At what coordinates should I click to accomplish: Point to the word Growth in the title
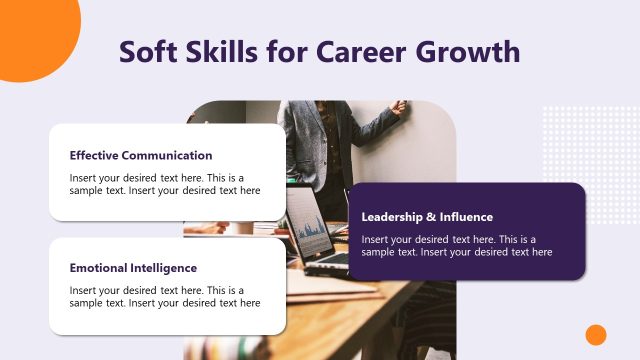click(469, 52)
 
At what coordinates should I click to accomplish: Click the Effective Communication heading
click(141, 156)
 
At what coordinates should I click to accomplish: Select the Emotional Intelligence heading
click(133, 268)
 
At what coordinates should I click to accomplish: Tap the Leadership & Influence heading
click(427, 217)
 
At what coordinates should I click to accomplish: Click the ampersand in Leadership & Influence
click(432, 217)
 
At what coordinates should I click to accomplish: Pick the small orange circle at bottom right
click(596, 335)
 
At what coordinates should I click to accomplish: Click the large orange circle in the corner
click(30, 30)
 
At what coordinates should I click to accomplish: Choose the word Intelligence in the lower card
click(163, 268)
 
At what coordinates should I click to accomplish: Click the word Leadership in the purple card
click(392, 217)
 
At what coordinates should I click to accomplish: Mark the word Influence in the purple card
click(466, 217)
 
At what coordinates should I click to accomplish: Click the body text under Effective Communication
click(165, 184)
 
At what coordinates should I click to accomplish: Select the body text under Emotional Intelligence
click(165, 297)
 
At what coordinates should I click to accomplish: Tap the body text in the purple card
click(457, 246)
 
